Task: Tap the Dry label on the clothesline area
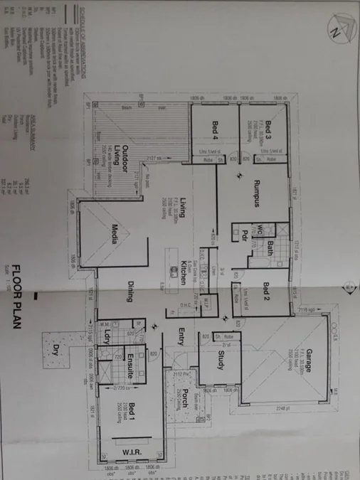tap(57, 350)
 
